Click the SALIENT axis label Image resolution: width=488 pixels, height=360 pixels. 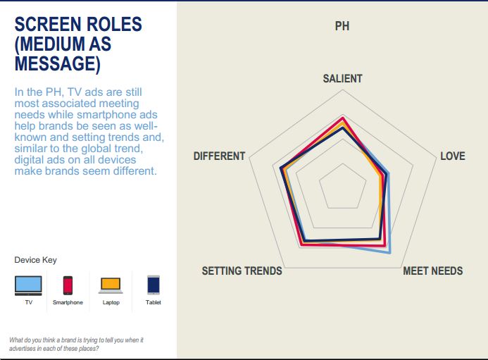click(342, 78)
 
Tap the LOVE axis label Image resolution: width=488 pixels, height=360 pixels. click(453, 156)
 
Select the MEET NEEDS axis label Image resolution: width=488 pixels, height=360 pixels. click(433, 271)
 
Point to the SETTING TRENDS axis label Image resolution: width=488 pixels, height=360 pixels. click(242, 271)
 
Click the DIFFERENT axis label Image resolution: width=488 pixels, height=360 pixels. click(220, 156)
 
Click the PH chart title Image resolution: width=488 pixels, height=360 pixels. click(342, 26)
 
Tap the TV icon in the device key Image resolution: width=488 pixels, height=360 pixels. click(28, 285)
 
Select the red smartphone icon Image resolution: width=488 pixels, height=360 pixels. click(68, 285)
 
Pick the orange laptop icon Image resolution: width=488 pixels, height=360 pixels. click(111, 285)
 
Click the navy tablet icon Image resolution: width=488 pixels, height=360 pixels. click(154, 285)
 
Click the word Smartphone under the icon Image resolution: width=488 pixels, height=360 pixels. click(68, 302)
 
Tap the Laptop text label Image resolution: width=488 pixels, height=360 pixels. click(111, 302)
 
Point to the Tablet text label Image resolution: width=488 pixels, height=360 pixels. click(154, 302)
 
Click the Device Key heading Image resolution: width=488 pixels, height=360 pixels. click(35, 260)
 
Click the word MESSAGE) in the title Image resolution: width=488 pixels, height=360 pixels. click(58, 63)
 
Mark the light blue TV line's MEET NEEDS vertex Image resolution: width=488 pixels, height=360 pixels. click(389, 253)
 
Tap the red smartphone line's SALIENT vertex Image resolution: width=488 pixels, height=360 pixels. click(343, 118)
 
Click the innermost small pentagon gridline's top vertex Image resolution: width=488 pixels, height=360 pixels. click(343, 163)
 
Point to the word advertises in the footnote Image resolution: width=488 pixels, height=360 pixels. click(22, 349)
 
